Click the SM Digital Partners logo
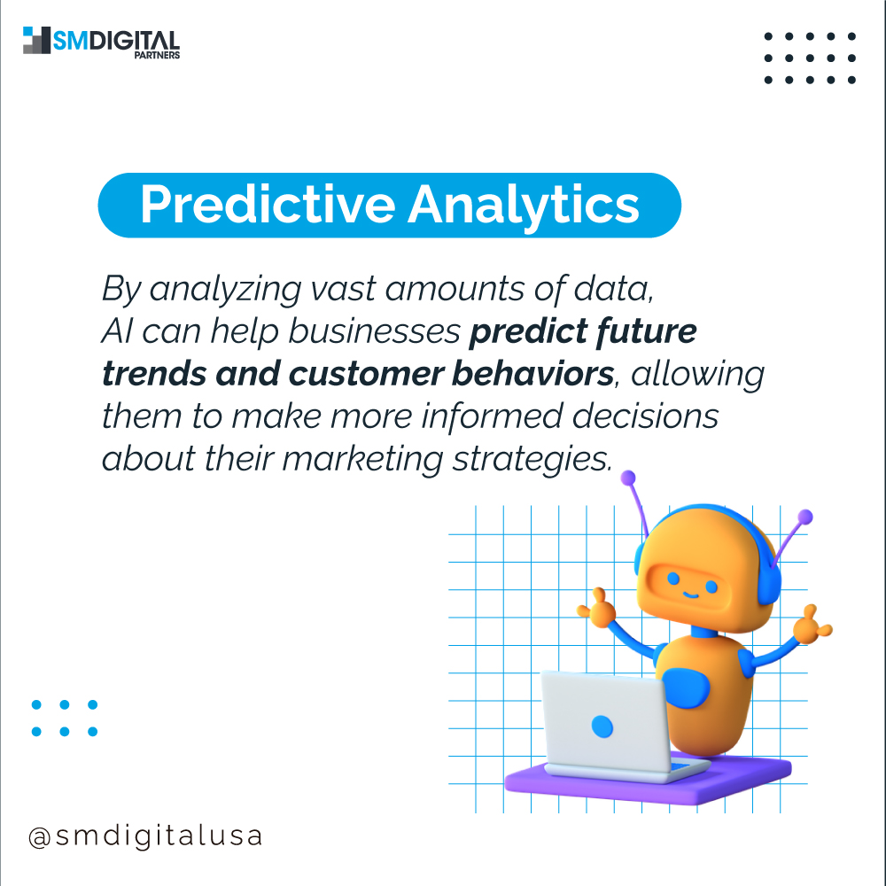(x=101, y=41)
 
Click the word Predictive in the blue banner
(x=267, y=205)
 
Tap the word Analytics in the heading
(x=524, y=205)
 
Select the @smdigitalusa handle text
(x=145, y=836)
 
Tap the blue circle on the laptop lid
(x=602, y=727)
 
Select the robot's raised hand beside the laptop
(x=597, y=610)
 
